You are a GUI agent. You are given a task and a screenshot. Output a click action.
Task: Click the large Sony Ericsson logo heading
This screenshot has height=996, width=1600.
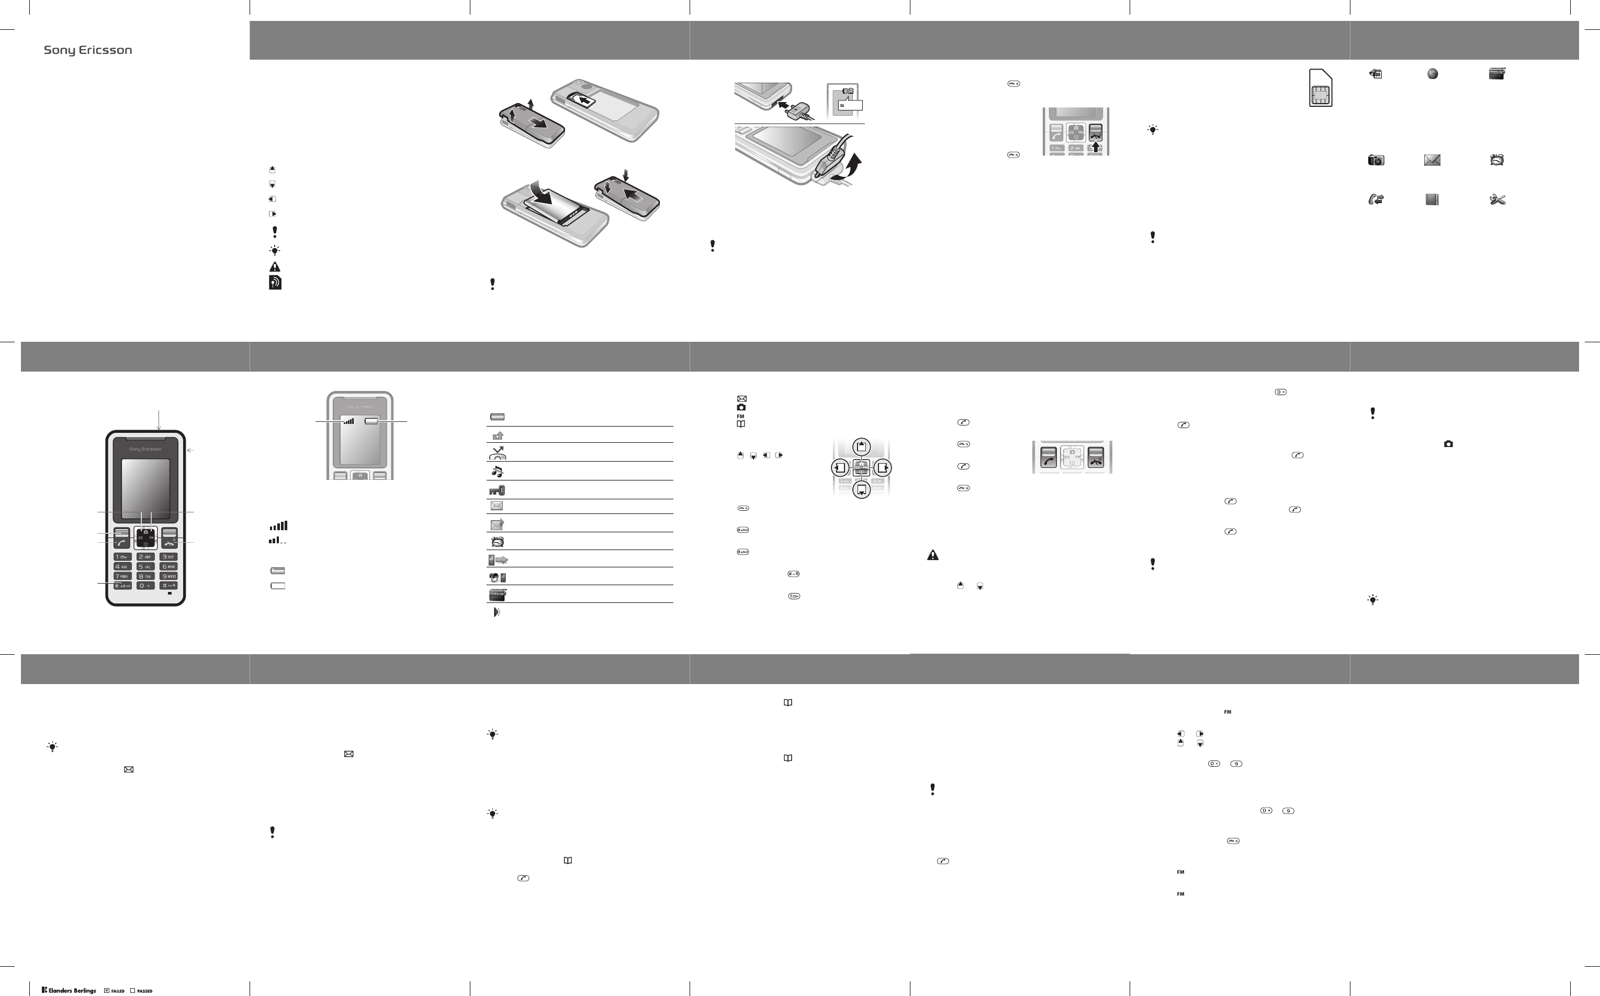pyautogui.click(x=87, y=50)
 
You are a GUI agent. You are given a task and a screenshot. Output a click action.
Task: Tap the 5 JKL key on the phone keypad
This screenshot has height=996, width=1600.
pyautogui.click(x=145, y=566)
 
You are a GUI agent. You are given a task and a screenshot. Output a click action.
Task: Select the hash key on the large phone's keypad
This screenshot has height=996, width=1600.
pyautogui.click(x=169, y=586)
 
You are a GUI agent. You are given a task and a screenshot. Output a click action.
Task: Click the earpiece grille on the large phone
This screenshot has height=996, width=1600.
pyautogui.click(x=145, y=439)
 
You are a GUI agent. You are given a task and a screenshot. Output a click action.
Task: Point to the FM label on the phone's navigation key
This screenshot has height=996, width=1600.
pyautogui.click(x=151, y=538)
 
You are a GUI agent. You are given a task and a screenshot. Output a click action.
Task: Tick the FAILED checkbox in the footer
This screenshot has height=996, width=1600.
pyautogui.click(x=107, y=990)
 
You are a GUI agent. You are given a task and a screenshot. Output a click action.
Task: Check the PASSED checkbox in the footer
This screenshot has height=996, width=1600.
pyautogui.click(x=132, y=990)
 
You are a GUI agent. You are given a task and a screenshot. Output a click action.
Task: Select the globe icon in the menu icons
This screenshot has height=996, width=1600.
pyautogui.click(x=1432, y=74)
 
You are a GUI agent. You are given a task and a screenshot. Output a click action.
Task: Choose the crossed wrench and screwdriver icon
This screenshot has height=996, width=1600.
pyautogui.click(x=1496, y=199)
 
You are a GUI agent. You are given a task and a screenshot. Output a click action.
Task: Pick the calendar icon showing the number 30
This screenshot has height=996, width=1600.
pyautogui.click(x=1376, y=74)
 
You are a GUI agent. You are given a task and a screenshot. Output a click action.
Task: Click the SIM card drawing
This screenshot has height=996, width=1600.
pyautogui.click(x=1320, y=87)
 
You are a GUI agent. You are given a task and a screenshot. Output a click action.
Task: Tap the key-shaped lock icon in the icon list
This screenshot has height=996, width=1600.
pyautogui.click(x=497, y=490)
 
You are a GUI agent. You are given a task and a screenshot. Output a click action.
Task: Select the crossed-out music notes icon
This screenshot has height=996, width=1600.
pyautogui.click(x=497, y=471)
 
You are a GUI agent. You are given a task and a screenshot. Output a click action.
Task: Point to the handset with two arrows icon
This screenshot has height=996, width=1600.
pyautogui.click(x=1375, y=199)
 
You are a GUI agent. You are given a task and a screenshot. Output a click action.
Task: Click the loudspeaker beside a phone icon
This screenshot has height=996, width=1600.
pyautogui.click(x=497, y=578)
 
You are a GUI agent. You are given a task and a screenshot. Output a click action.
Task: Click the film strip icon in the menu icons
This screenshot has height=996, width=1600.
pyautogui.click(x=1432, y=199)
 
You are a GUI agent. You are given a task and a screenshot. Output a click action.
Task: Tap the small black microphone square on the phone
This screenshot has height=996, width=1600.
pyautogui.click(x=170, y=593)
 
